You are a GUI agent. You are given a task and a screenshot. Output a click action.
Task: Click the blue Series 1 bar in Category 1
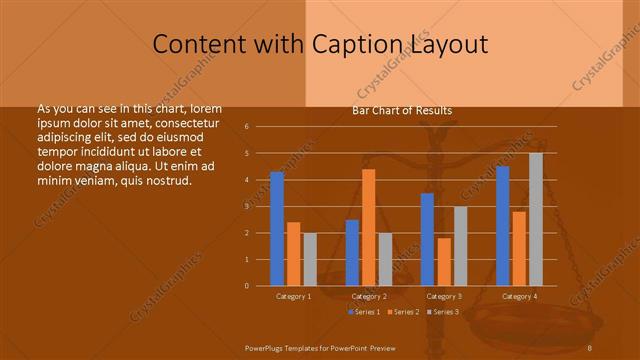pos(277,229)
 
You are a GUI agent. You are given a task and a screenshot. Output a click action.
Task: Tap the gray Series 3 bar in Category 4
pos(536,220)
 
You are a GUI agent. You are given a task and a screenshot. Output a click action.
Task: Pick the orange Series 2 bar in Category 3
pos(444,262)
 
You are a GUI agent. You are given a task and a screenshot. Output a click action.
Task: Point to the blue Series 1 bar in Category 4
pos(503,226)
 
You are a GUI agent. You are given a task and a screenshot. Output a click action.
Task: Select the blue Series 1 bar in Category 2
pos(352,253)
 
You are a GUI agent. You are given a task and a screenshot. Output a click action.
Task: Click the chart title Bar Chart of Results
pos(402,110)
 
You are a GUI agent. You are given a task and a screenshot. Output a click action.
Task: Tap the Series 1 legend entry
pos(363,312)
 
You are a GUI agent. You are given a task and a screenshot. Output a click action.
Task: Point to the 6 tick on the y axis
pos(246,127)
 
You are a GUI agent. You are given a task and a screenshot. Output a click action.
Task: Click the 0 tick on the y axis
pos(246,286)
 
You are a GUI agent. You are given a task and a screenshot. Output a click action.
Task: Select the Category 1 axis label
pos(293,296)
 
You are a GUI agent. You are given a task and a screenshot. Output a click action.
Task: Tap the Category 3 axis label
pos(444,296)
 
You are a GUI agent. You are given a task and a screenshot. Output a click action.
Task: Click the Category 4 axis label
pos(519,296)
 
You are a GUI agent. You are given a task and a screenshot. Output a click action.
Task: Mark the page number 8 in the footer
pos(590,346)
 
